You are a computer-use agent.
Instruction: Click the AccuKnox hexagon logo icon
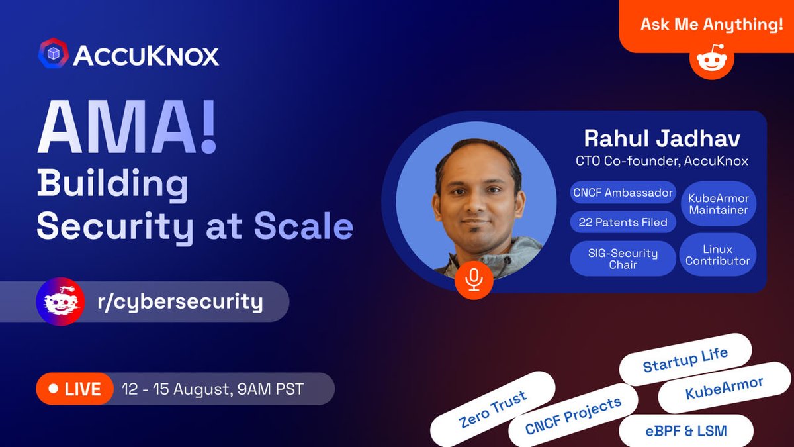[54, 53]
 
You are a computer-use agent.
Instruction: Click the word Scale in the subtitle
[304, 226]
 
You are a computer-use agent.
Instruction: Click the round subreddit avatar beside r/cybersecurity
[60, 302]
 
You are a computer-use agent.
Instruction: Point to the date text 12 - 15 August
[175, 389]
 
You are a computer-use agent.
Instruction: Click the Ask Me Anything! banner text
[711, 25]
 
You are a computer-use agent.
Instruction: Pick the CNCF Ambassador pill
[623, 193]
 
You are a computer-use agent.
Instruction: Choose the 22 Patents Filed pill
[623, 222]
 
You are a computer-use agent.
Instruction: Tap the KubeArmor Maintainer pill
[718, 204]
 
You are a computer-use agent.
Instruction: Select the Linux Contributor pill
[718, 255]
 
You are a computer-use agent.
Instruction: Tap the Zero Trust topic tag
[492, 409]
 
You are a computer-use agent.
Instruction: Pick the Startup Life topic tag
[685, 360]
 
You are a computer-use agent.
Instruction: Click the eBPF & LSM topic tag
[687, 431]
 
